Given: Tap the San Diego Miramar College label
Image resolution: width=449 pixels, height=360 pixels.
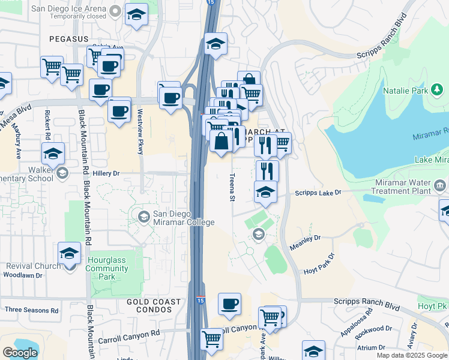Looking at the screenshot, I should (x=183, y=218).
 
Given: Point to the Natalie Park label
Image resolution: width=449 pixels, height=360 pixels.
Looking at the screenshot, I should (x=405, y=91).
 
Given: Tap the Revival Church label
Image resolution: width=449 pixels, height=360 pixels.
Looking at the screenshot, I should (x=33, y=266).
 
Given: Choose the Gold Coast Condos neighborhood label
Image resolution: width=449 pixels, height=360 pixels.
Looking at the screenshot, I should (x=154, y=305).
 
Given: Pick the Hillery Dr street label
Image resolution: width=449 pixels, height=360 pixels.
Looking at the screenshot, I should (x=106, y=173).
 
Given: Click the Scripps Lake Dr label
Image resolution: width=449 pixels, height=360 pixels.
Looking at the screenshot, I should (x=318, y=193).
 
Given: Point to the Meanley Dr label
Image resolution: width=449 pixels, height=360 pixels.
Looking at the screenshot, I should (x=305, y=238).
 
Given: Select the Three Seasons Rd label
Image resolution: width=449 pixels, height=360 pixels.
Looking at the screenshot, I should (x=31, y=310).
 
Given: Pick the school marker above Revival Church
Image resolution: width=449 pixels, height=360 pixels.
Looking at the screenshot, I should (x=70, y=253).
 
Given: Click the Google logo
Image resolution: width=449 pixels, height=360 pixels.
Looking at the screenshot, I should (x=20, y=353).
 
